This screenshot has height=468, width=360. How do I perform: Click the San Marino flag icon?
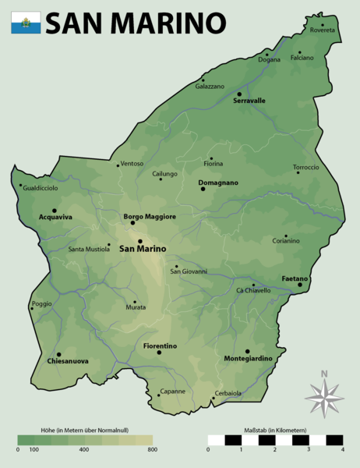tap(26, 23)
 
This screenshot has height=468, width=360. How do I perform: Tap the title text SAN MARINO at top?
tap(136, 23)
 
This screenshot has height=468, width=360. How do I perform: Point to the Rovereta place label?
tap(322, 30)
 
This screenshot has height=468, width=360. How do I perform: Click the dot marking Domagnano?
tap(203, 189)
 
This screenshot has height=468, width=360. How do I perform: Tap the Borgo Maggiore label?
tap(150, 216)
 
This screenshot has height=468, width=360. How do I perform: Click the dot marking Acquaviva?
tap(54, 211)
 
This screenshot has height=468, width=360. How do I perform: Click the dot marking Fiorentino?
tap(159, 352)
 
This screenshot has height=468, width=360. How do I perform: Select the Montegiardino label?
tap(248, 358)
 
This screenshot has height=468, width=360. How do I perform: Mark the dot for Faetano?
tap(299, 285)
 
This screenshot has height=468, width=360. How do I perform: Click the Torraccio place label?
tap(306, 167)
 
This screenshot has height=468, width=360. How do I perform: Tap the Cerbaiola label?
tap(228, 393)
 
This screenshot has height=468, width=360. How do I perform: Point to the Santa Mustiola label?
tap(89, 250)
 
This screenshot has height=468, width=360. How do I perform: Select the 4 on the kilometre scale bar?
tap(342, 449)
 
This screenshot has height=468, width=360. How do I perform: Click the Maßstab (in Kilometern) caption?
tap(276, 431)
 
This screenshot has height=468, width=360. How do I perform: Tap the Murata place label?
tap(136, 308)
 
